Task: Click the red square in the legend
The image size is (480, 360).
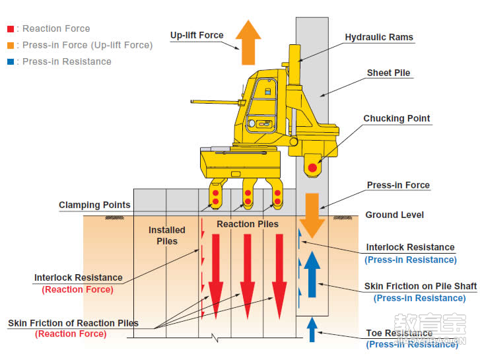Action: (9, 29)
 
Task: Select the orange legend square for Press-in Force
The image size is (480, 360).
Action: (9, 46)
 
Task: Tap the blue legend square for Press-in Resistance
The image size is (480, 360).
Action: (9, 62)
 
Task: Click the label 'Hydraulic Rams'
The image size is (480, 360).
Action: (379, 38)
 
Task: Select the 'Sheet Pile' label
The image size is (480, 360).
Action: (388, 73)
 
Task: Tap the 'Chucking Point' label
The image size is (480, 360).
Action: (396, 119)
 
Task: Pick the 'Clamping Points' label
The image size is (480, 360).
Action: (94, 205)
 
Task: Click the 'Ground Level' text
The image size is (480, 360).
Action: (394, 215)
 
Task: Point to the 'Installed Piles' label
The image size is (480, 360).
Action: (166, 235)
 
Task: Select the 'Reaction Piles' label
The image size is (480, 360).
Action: (248, 224)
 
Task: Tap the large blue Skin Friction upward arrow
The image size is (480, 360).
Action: (312, 271)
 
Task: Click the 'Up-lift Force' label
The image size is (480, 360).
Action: (197, 36)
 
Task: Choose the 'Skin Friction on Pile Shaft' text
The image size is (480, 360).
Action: (420, 287)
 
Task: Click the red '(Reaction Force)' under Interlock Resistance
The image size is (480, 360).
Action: (77, 289)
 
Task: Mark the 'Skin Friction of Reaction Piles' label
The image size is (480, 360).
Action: (73, 323)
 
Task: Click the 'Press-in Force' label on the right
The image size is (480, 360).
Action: (398, 186)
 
